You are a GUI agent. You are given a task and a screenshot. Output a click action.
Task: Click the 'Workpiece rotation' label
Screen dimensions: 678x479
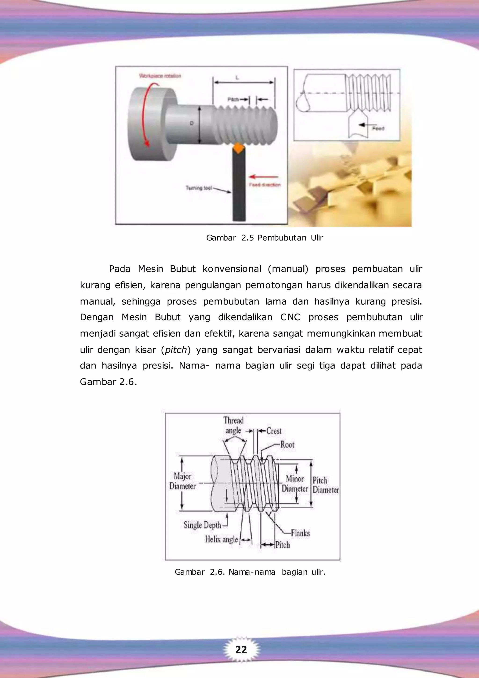tap(160, 76)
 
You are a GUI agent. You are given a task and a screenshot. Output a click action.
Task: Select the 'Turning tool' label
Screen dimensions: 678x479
tap(199, 188)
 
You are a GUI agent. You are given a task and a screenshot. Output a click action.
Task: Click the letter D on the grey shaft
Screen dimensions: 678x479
tap(192, 123)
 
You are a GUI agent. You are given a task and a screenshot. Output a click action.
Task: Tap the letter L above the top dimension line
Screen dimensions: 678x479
tap(237, 78)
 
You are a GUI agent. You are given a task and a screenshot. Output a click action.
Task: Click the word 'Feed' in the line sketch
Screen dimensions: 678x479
tap(378, 128)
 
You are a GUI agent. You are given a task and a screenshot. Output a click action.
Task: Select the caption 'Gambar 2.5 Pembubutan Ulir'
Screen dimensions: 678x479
tap(265, 238)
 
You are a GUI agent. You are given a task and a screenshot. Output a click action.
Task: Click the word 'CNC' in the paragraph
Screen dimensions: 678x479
tap(290, 317)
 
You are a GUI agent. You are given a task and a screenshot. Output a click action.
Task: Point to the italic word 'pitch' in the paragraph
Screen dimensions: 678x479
tap(176, 350)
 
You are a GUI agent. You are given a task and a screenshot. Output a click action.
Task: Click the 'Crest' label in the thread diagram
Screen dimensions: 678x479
tap(274, 431)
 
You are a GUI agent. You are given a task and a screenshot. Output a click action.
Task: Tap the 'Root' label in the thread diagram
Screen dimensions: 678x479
tap(287, 444)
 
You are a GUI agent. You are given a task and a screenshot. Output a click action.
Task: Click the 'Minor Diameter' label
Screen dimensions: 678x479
tap(295, 483)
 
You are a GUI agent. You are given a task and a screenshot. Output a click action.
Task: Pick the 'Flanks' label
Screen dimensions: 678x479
tap(300, 533)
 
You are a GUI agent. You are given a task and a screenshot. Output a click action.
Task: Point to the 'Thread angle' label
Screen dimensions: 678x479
tap(233, 425)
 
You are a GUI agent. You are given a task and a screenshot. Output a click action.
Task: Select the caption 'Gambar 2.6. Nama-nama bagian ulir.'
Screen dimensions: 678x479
tap(250, 572)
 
